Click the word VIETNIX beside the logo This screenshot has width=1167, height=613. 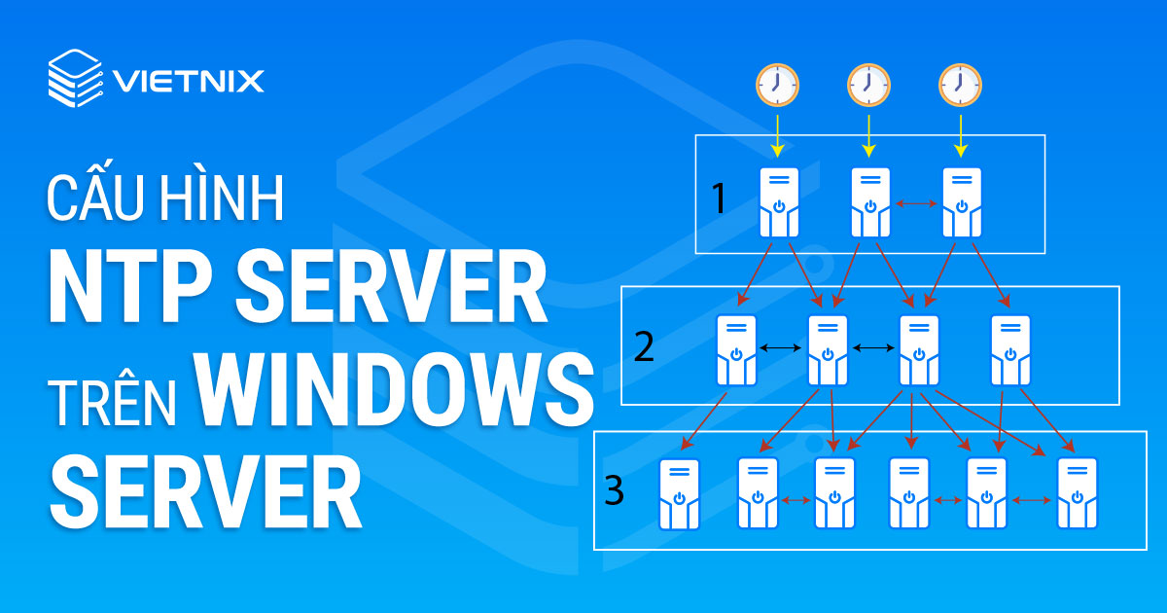coord(188,80)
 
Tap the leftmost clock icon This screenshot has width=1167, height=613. coord(777,85)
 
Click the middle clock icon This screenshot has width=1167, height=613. coord(868,85)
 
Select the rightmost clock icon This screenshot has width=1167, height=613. coord(960,85)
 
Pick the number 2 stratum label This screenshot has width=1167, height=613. coord(644,347)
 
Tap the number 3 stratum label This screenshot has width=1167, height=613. coord(614,491)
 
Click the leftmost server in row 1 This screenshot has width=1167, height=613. coord(779,202)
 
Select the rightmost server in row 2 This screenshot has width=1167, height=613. coord(1011,349)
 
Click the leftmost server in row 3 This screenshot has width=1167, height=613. coord(679,493)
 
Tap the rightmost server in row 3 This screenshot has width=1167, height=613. coord(1077,493)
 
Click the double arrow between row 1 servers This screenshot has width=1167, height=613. coord(915,203)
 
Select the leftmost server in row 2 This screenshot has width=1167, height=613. coord(736,349)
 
